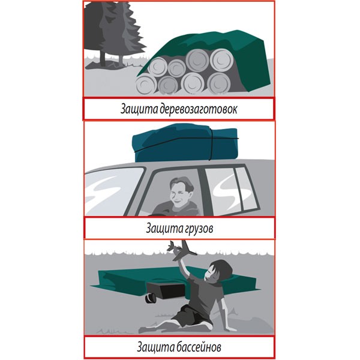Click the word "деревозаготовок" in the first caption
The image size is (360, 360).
[198, 109]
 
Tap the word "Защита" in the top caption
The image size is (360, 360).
[139, 109]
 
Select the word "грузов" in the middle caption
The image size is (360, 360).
[199, 229]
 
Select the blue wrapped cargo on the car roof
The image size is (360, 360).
[185, 142]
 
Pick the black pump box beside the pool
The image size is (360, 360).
[166, 290]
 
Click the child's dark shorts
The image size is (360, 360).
[193, 315]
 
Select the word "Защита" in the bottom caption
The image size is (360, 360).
[156, 347]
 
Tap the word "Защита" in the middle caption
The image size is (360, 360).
[164, 229]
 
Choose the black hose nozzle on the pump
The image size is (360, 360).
[150, 298]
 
